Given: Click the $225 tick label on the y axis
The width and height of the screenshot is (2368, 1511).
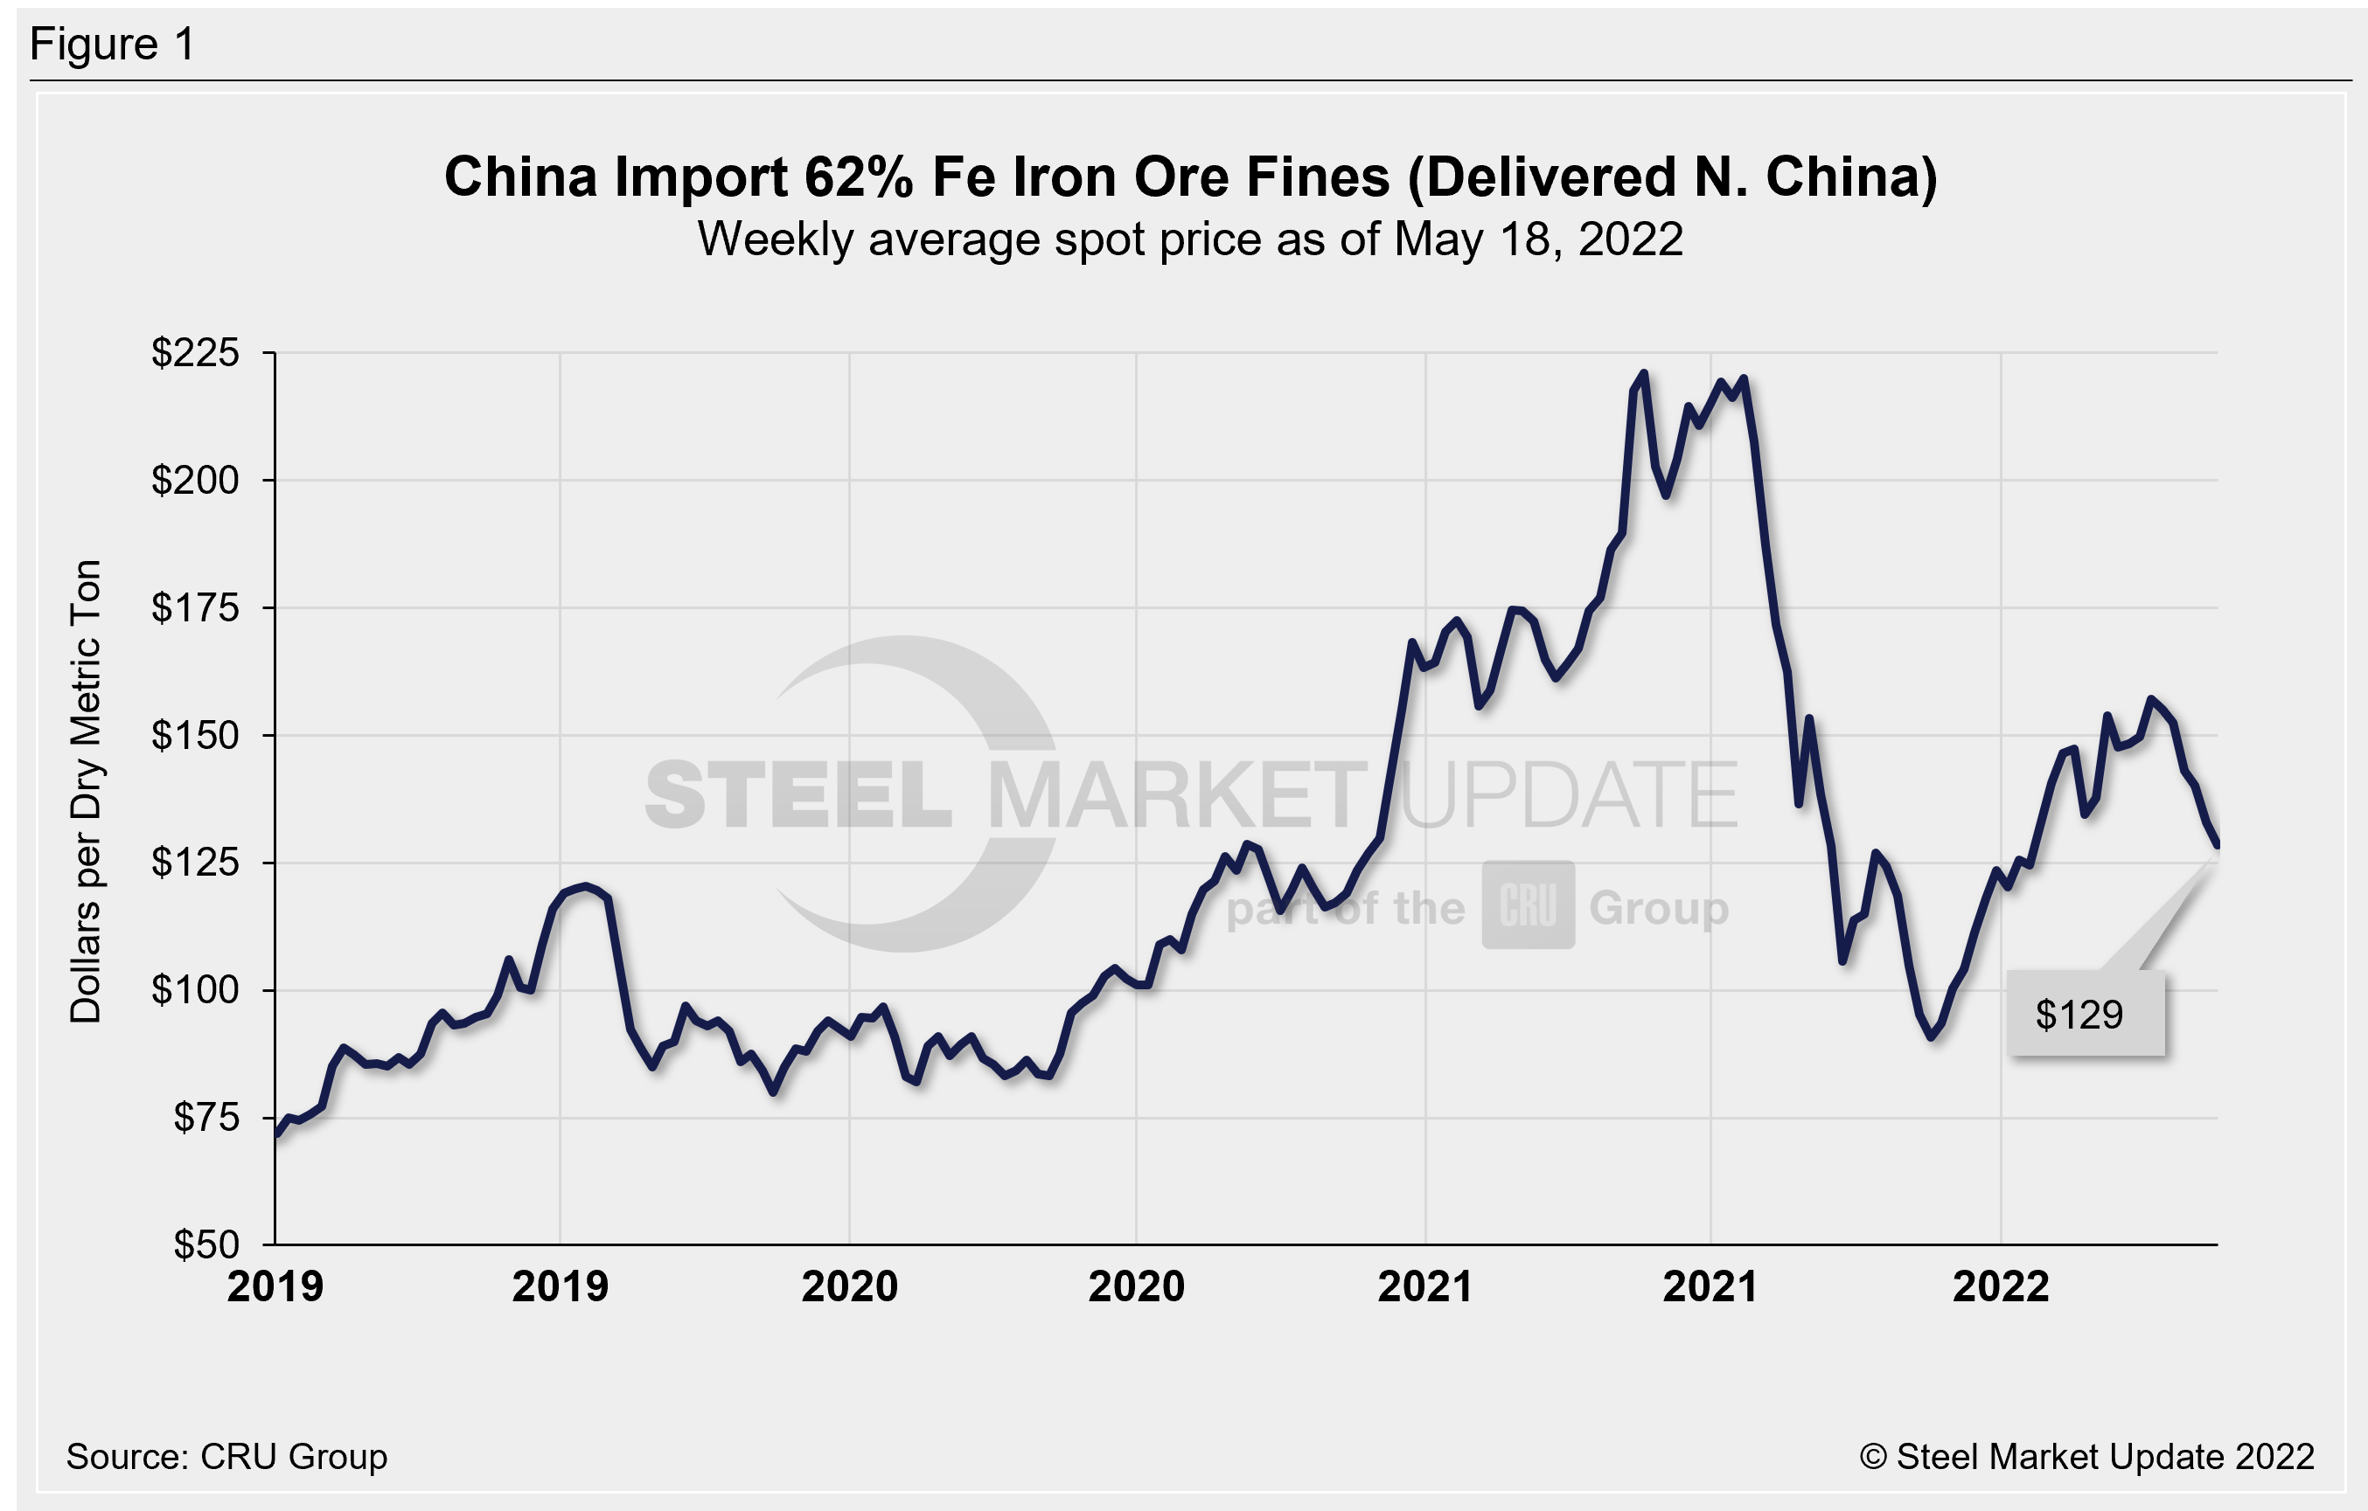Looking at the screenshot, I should click(195, 352).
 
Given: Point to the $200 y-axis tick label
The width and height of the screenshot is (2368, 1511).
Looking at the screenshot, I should click(195, 480).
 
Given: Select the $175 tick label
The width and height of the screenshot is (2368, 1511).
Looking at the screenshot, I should click(195, 607).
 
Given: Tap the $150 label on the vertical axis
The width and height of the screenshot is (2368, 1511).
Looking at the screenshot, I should click(195, 735).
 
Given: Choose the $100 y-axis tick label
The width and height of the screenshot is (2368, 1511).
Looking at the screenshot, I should click(195, 990).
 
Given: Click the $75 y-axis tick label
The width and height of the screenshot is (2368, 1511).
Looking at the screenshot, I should click(205, 1118).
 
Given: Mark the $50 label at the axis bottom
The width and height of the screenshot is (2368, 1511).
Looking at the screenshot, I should click(205, 1244).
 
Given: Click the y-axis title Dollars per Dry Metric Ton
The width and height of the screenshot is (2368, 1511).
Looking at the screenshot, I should click(87, 792).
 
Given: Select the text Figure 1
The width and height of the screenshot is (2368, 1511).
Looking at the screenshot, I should click(113, 45).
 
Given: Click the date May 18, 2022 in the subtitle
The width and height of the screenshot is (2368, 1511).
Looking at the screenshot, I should click(1538, 239).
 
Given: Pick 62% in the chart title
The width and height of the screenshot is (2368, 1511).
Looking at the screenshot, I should click(860, 178).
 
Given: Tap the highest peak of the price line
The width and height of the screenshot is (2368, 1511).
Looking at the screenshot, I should click(1643, 373).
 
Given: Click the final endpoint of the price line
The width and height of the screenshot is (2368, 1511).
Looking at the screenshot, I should click(2218, 844).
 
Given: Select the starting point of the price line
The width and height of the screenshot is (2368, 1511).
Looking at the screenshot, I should click(276, 1134).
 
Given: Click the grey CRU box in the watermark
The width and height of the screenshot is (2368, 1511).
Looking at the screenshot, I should click(1529, 905).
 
